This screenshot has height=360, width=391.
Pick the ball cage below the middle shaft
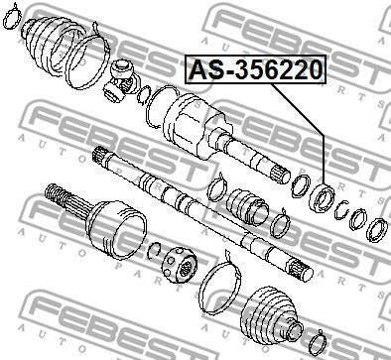click(182, 265)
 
